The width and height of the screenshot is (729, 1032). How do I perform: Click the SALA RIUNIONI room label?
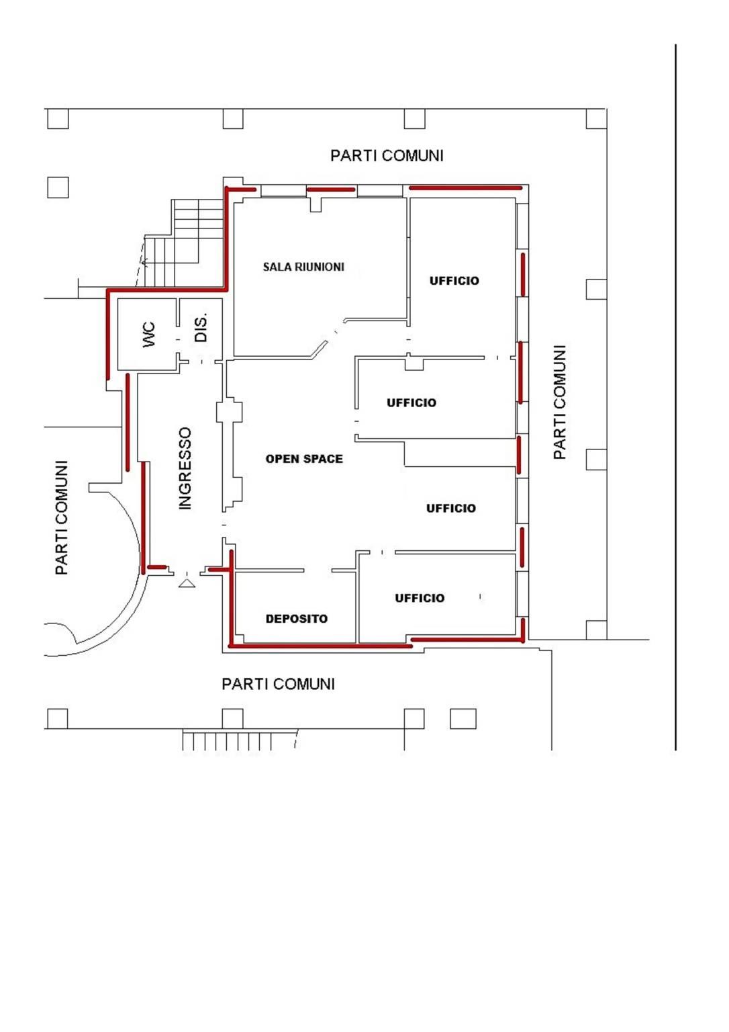(x=303, y=267)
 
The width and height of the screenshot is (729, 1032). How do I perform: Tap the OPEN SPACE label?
(x=304, y=459)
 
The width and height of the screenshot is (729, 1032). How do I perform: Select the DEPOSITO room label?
(x=297, y=619)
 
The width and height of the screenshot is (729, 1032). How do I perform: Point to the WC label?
(x=149, y=335)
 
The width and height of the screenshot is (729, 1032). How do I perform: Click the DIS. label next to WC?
(x=201, y=328)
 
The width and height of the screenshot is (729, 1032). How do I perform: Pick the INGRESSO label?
(x=185, y=468)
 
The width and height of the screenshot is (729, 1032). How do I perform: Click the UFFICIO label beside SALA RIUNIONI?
(x=454, y=281)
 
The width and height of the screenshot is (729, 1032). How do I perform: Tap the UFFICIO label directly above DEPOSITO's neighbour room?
(x=450, y=508)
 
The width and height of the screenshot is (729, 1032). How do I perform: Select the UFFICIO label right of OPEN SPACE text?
(x=411, y=402)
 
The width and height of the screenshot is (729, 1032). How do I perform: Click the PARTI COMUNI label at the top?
(x=387, y=156)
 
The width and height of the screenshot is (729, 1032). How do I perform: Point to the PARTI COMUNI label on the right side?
(x=559, y=402)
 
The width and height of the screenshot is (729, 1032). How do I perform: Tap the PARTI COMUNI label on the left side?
(x=61, y=517)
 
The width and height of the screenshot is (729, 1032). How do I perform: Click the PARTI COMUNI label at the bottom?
(x=278, y=684)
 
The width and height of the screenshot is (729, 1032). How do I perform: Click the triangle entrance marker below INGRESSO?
(x=187, y=583)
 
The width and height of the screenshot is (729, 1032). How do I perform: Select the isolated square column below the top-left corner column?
(x=58, y=187)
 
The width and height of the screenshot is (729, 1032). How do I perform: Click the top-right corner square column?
(x=597, y=118)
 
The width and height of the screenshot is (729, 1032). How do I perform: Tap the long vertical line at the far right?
(x=675, y=397)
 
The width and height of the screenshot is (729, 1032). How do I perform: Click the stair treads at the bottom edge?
(x=240, y=740)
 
